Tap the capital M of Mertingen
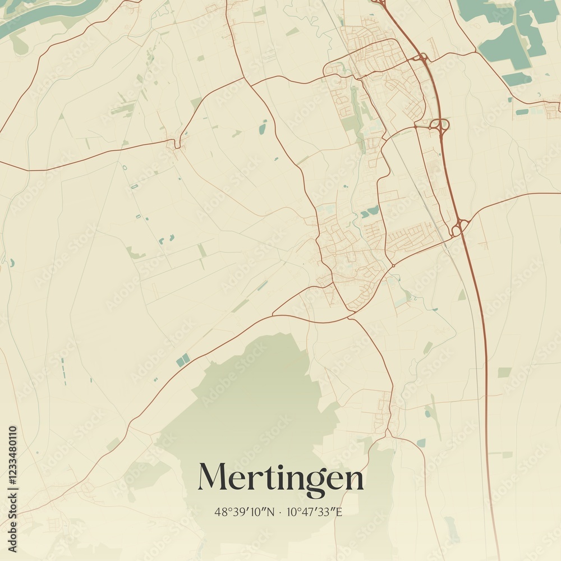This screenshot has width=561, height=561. coord(213,477)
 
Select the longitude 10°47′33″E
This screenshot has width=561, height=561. coord(314,512)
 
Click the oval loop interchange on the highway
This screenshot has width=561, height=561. coord(440,125)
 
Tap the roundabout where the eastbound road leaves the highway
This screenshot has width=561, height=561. coord(459,227)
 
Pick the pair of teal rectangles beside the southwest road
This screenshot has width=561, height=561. coord(183,360)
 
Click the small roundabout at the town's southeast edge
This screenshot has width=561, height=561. coord(393,265)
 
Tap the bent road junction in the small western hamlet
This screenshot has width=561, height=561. coord(177,145)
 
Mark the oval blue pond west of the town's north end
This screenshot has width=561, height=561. coord(263,129)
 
